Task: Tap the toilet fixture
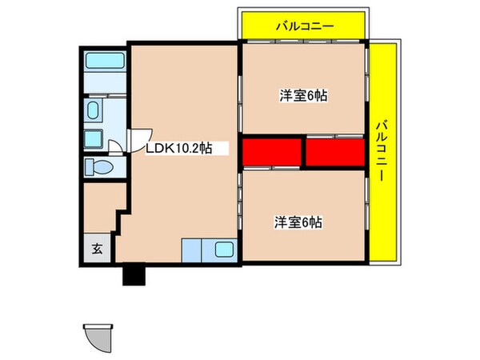coord(101,168)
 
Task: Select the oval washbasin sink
coord(93,110)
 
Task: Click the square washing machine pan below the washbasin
coord(94,138)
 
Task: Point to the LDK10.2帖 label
coord(178,148)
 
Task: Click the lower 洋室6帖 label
coord(300,222)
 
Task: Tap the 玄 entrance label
coord(97,249)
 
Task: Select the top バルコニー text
coord(304,26)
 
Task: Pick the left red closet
coord(272,152)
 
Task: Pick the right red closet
coord(334,152)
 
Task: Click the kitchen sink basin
coord(224,250)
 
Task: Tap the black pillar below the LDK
coord(132,274)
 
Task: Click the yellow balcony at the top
coord(304,26)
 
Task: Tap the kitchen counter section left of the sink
coord(195,250)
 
